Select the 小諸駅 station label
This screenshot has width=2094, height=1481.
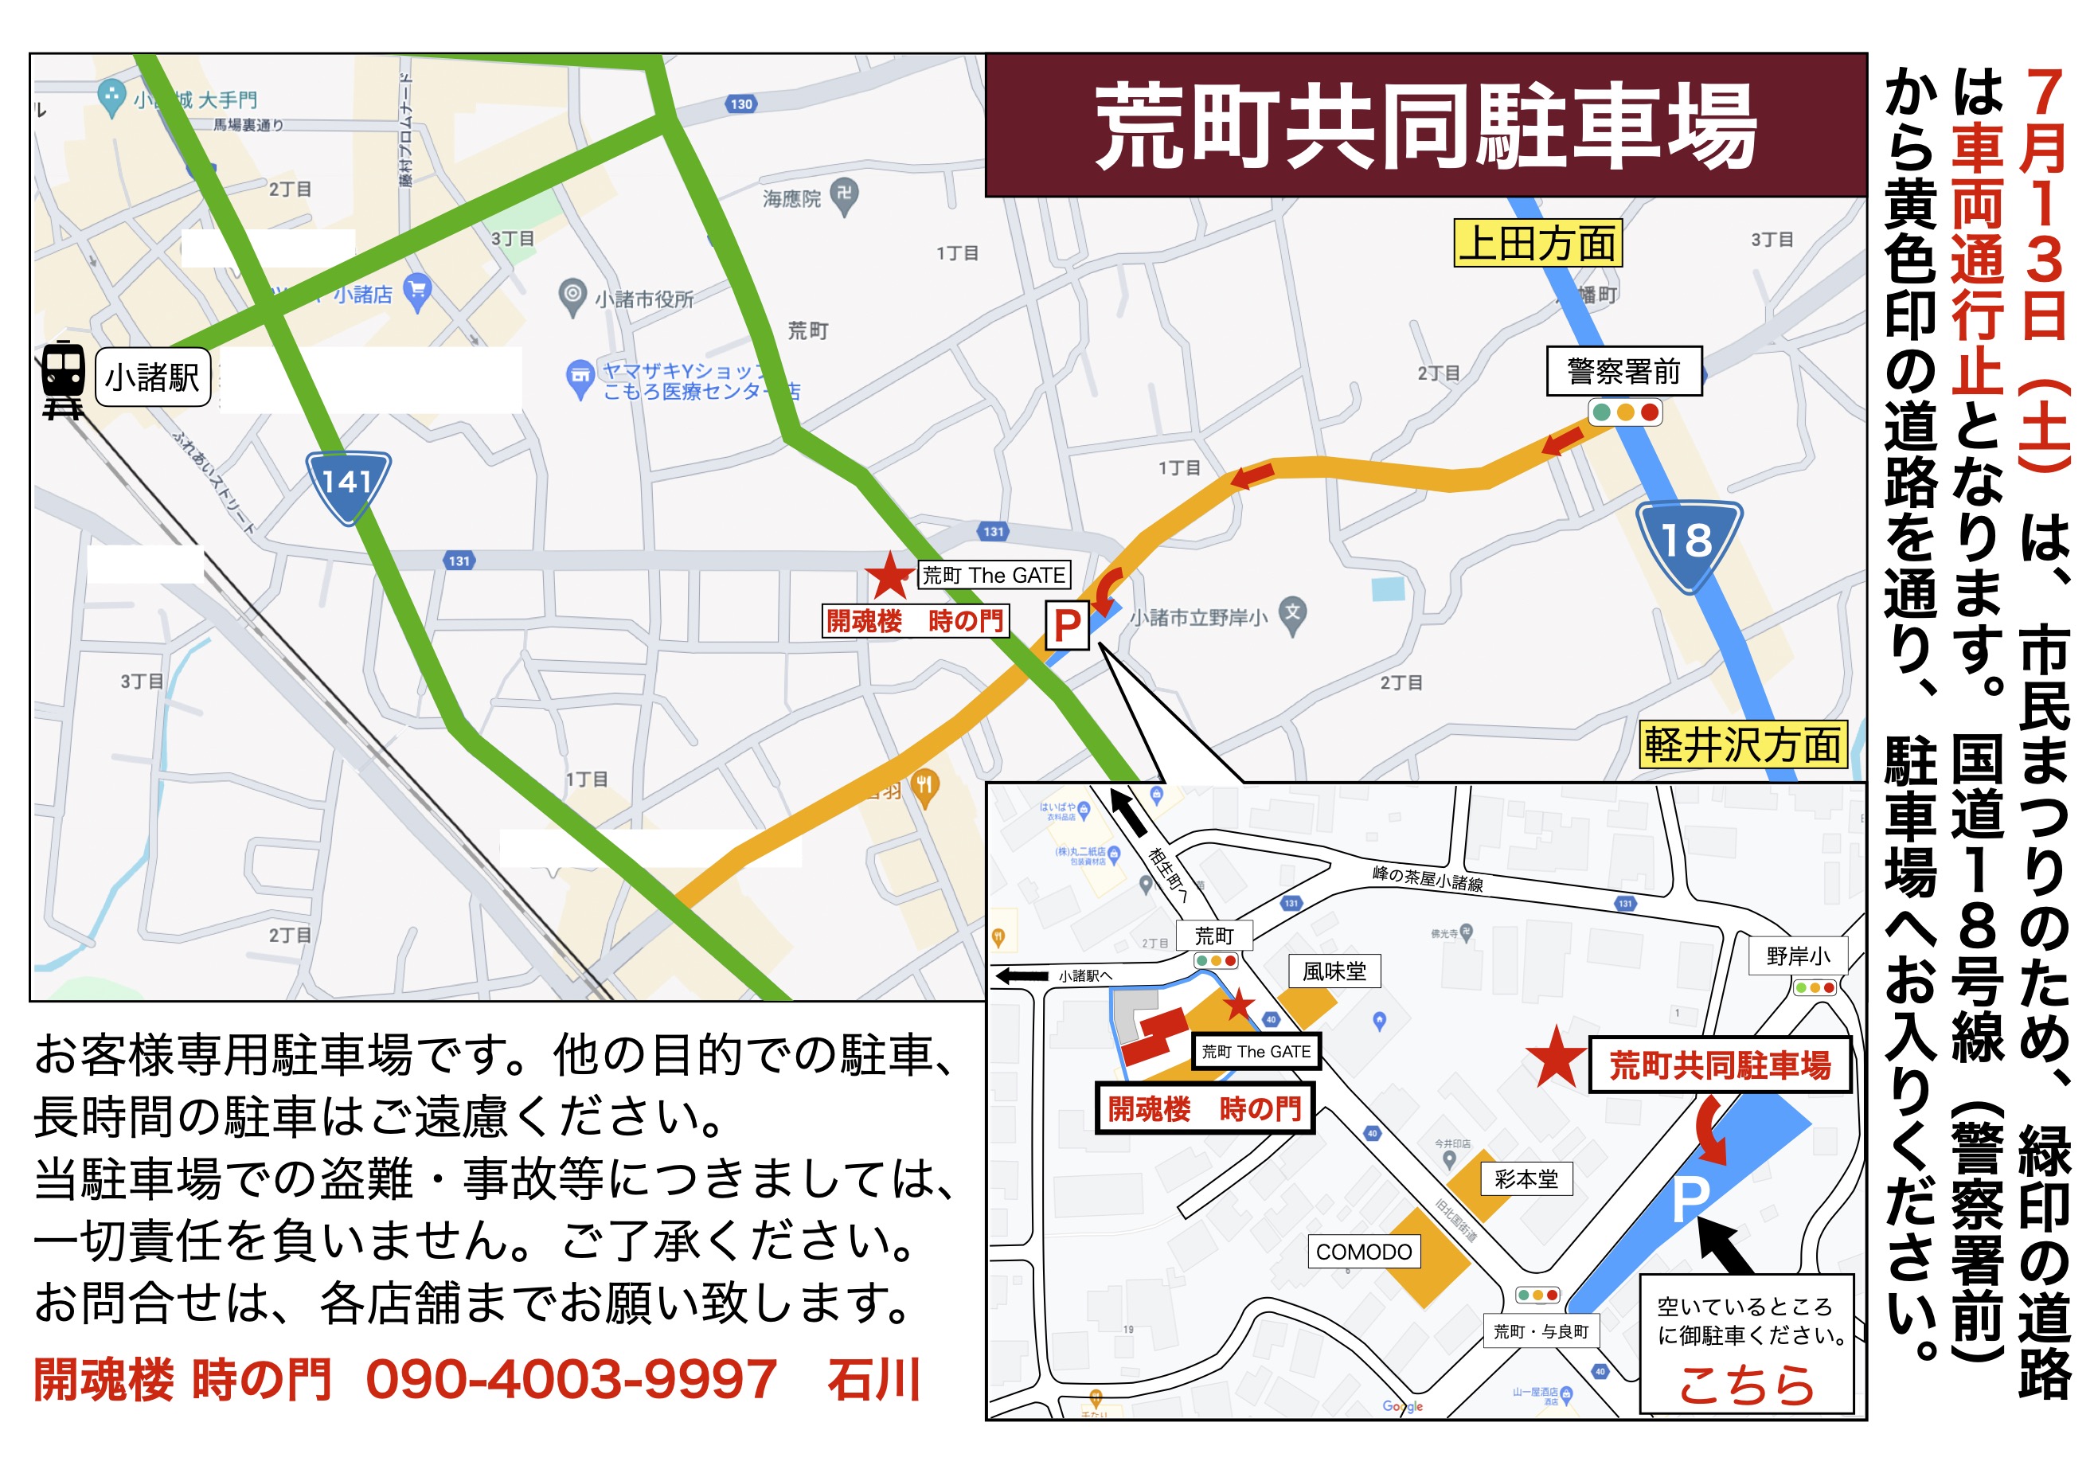(x=152, y=377)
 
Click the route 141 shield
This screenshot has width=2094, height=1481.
(x=347, y=483)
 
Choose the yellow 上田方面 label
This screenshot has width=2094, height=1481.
(x=1537, y=244)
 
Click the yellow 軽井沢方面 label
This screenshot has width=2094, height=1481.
(x=1742, y=745)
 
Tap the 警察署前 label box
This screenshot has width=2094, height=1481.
(x=1623, y=371)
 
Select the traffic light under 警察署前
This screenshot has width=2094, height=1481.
(x=1625, y=412)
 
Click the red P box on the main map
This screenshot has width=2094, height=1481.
(x=1066, y=626)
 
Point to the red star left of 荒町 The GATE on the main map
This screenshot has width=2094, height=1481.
(x=889, y=576)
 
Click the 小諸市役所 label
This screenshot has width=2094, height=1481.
(x=644, y=299)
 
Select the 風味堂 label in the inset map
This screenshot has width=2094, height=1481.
(x=1334, y=971)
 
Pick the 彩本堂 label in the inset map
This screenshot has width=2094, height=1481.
(x=1526, y=1179)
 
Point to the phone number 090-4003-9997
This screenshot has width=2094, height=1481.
(x=571, y=1380)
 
